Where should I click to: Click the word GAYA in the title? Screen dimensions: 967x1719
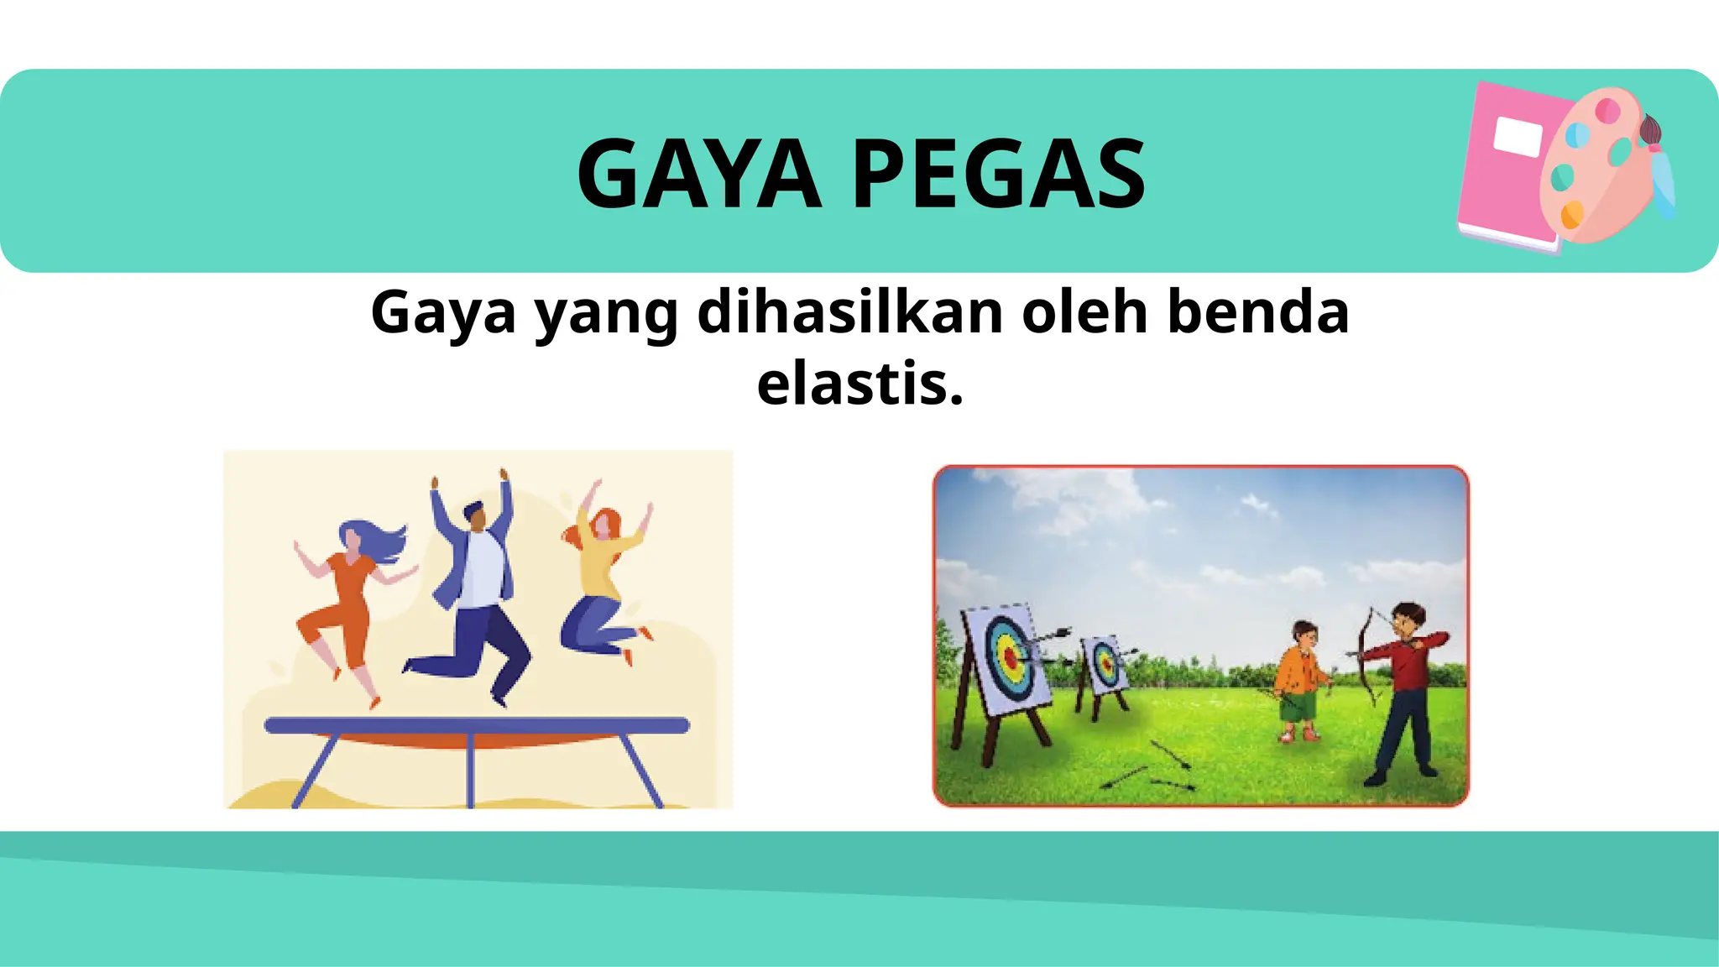698,174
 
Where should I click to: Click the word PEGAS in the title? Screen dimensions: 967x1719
999,174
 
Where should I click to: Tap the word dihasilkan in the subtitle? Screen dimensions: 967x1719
849,312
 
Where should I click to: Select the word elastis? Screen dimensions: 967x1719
859,384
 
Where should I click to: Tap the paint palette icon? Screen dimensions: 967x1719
1595,168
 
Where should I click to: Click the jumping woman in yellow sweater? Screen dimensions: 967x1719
603,579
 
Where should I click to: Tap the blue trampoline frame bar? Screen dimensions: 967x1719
477,725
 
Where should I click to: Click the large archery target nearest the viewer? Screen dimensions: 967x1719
1006,659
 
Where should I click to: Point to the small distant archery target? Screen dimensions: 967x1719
1105,665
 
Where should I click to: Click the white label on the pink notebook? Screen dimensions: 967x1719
1518,138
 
